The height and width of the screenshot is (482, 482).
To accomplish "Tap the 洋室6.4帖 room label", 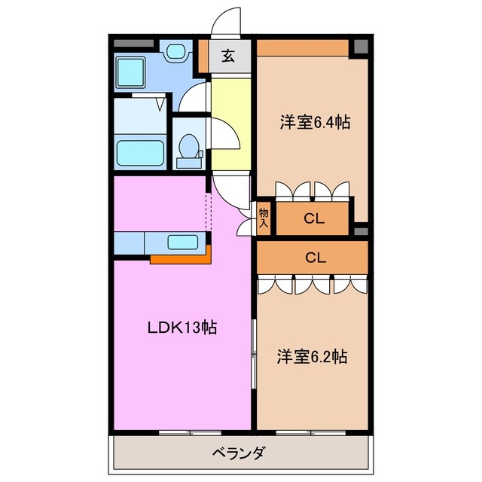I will click(311, 120).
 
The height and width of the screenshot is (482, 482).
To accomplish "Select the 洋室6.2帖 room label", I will click(311, 355).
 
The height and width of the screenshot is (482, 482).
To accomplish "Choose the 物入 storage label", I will click(264, 218).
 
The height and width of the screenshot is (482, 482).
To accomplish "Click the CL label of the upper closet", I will click(314, 219).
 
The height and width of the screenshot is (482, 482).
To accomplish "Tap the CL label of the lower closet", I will click(314, 256).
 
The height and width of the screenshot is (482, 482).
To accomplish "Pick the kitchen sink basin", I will click(182, 243).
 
